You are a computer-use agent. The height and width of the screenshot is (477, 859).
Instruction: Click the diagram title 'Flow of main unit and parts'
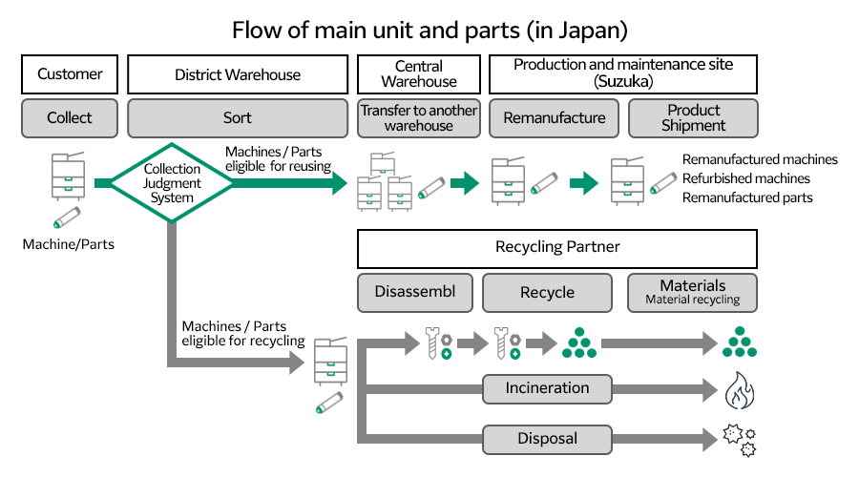click(429, 30)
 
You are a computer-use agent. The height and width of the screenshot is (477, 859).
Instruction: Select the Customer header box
click(70, 74)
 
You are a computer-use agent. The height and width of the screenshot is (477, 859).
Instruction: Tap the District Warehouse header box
click(237, 74)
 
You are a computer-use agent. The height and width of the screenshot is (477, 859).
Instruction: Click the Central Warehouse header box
click(419, 74)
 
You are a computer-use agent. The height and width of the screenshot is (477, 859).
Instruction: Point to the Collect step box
click(70, 118)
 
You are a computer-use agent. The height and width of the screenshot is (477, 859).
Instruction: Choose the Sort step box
click(237, 118)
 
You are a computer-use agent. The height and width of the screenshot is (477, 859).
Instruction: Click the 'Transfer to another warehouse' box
click(419, 118)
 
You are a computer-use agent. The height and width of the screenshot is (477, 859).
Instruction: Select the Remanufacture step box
click(554, 118)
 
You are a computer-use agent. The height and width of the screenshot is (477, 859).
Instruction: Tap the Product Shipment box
click(693, 118)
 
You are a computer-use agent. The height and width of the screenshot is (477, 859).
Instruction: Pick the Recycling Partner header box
click(557, 247)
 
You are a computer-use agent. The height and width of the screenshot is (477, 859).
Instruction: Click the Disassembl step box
click(414, 292)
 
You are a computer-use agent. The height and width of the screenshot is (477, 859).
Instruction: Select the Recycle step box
click(547, 292)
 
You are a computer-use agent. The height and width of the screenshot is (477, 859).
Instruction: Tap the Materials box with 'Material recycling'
click(692, 292)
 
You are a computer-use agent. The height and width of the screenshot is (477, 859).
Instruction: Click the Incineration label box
click(547, 388)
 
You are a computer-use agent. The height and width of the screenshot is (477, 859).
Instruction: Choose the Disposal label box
click(547, 439)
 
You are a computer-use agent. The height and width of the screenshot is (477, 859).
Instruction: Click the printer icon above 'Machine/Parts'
click(68, 176)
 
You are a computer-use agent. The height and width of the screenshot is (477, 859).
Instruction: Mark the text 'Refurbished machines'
click(745, 178)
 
